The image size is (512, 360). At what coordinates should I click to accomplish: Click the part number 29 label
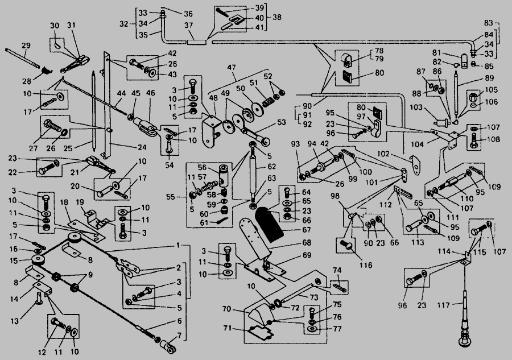tap(26, 45)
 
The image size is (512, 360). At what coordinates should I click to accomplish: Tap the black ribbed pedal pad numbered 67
tap(269, 225)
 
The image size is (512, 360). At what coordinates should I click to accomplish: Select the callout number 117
tap(443, 305)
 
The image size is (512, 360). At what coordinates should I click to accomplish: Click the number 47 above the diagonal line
tap(231, 68)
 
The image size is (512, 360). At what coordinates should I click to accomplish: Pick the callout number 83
tap(488, 23)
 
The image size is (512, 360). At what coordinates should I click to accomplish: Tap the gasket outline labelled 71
tap(260, 333)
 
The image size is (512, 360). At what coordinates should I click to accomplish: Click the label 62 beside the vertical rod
tap(272, 167)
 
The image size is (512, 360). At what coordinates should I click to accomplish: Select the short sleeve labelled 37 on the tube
tap(197, 42)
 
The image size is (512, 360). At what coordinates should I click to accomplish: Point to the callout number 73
tap(314, 297)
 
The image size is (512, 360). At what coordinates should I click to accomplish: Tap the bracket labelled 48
tap(210, 130)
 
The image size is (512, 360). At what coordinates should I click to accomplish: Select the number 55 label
tap(171, 197)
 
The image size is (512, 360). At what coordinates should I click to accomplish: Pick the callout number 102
tap(384, 154)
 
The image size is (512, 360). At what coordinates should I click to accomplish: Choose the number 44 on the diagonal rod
tap(122, 94)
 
